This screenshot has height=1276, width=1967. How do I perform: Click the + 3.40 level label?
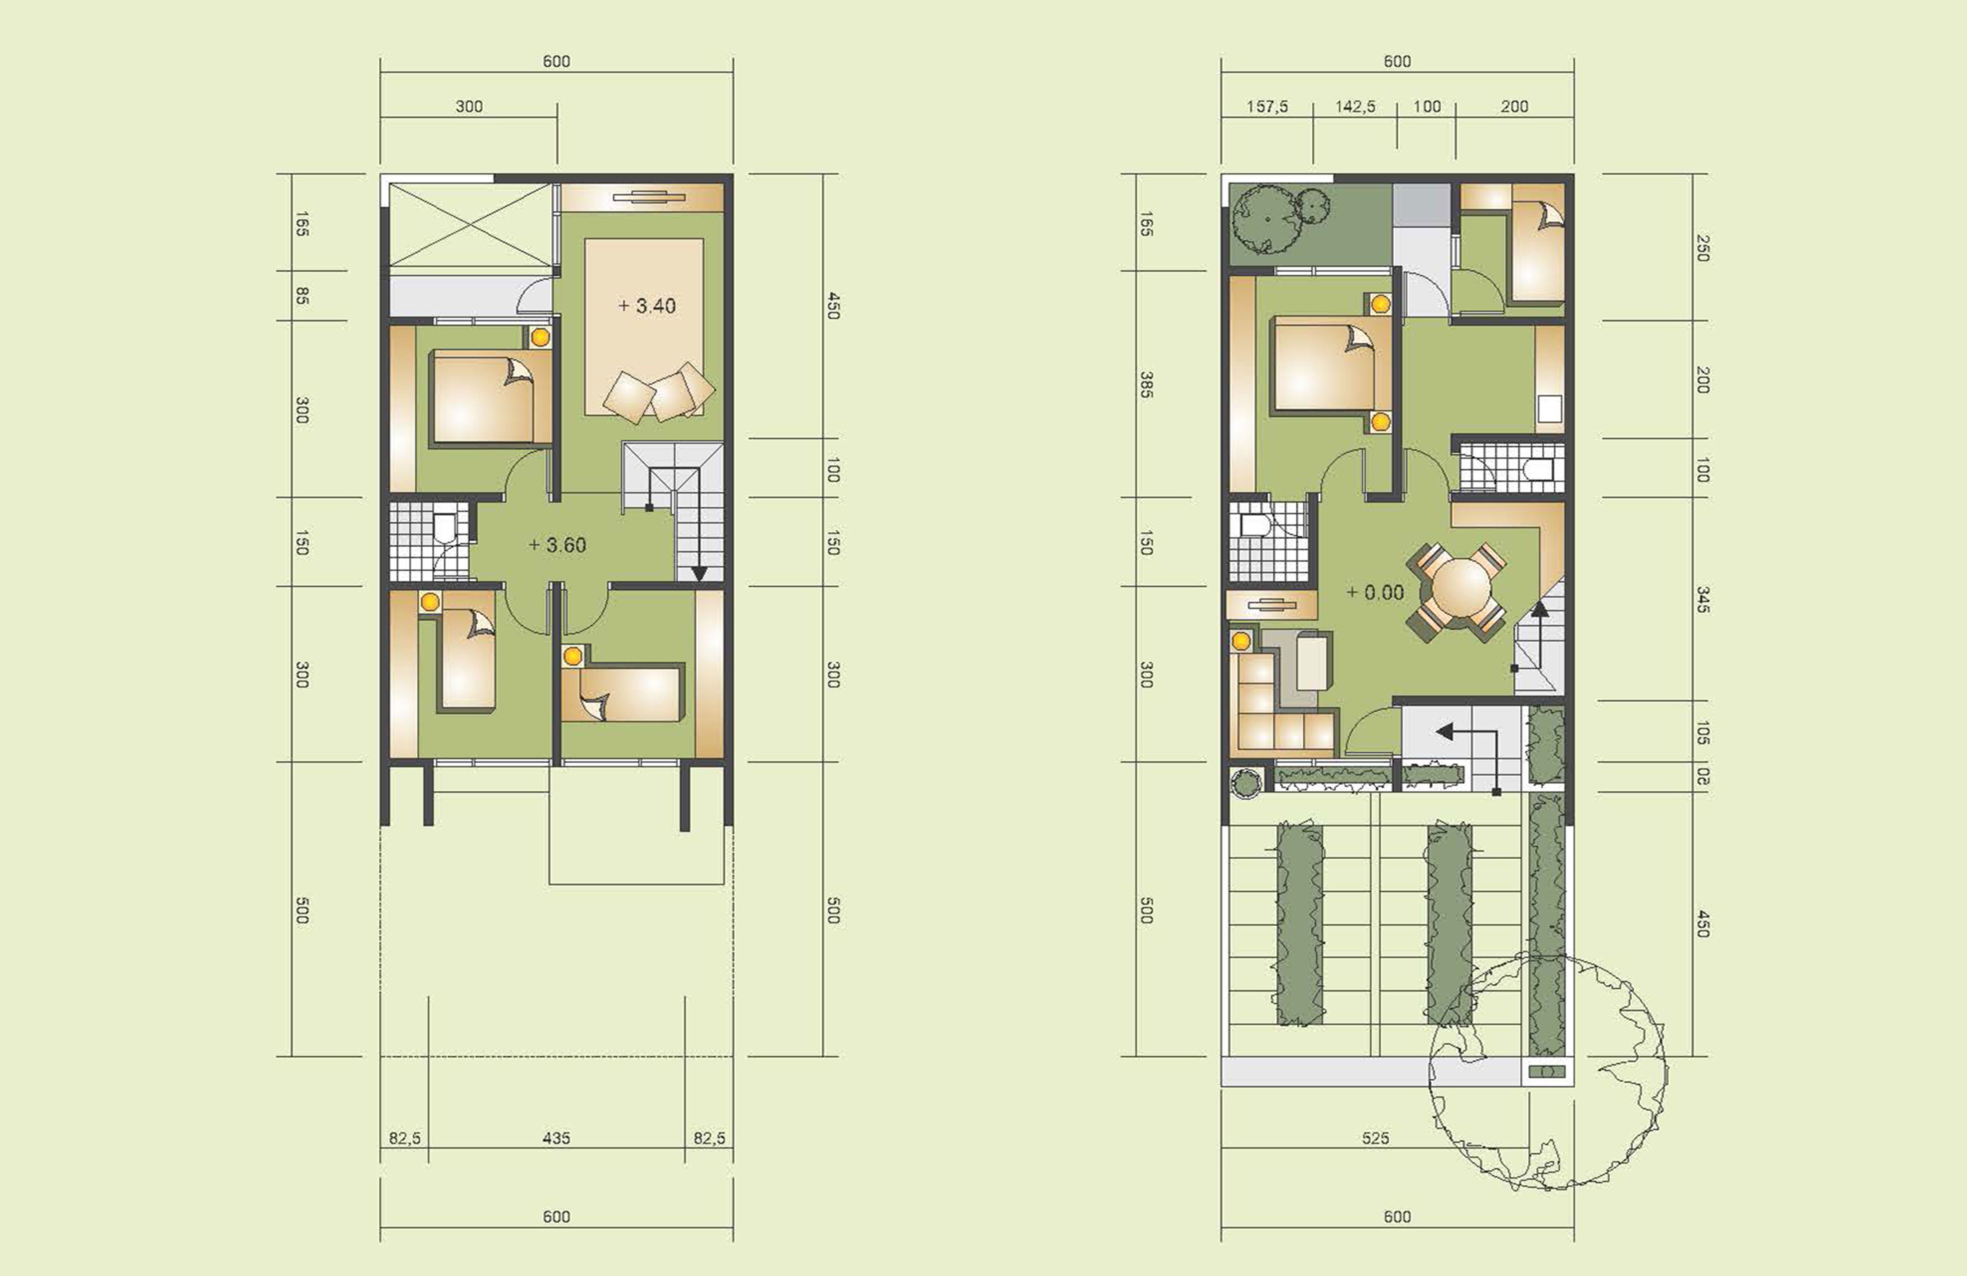pos(647,306)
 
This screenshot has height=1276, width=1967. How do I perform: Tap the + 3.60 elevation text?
pos(558,546)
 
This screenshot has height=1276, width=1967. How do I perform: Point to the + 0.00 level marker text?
pos(1375,592)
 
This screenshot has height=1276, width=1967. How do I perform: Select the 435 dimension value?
pos(556,1138)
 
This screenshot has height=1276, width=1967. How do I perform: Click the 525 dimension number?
pos(1375,1138)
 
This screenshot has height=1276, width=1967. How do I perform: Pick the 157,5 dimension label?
pos(1267,107)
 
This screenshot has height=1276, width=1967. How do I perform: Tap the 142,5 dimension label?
pos(1355,107)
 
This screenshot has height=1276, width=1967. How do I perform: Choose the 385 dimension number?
pos(1146,384)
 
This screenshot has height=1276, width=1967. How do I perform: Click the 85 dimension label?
pos(302,296)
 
